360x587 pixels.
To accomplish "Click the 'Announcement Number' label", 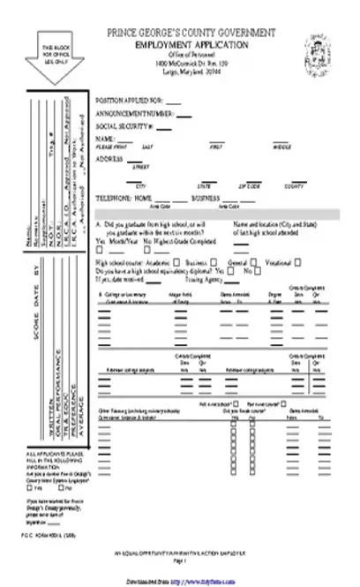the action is coord(133,114).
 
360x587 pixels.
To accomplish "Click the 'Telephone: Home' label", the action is coord(124,199).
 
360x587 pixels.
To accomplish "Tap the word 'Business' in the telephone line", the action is coord(206,199).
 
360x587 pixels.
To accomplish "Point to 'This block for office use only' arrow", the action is coord(52,56).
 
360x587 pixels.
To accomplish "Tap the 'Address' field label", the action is coord(110,158).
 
